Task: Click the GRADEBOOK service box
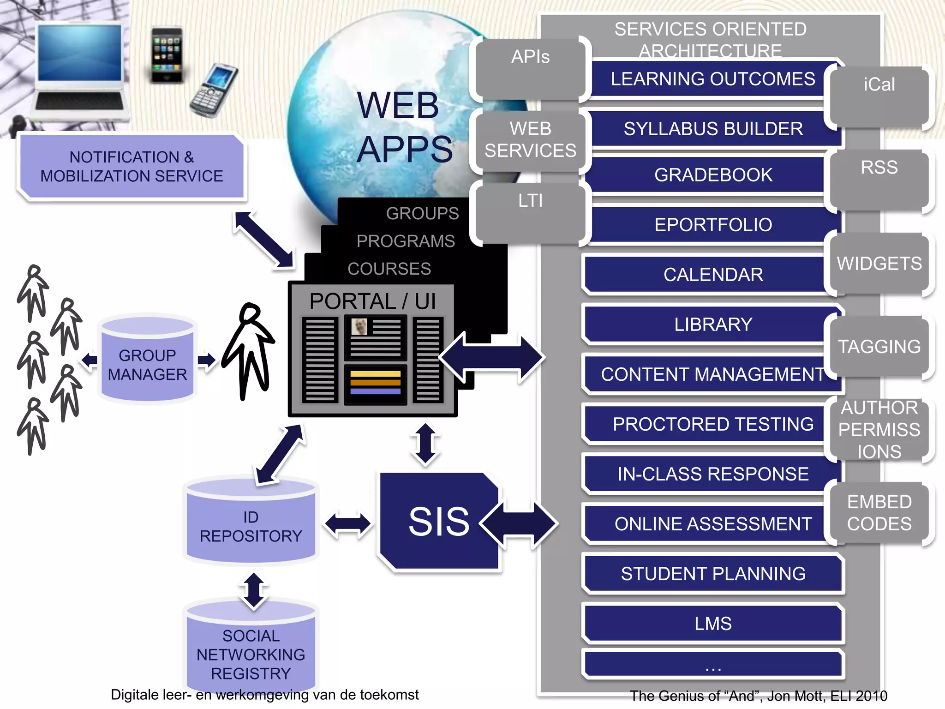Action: tap(713, 175)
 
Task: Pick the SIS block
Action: tap(438, 522)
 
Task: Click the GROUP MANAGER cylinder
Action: tap(147, 360)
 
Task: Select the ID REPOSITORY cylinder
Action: tap(251, 524)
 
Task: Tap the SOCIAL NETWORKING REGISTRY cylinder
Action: tap(251, 651)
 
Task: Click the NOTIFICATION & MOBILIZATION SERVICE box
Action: tap(132, 167)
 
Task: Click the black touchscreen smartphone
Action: tap(167, 55)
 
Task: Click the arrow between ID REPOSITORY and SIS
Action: tap(348, 524)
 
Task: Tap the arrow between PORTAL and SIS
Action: tap(425, 444)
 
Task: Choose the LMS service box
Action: tap(713, 624)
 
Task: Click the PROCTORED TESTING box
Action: tap(713, 424)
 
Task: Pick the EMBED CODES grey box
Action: tap(879, 512)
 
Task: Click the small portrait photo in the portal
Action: tap(359, 327)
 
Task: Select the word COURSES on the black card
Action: tap(389, 269)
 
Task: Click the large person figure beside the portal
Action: tap(250, 351)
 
